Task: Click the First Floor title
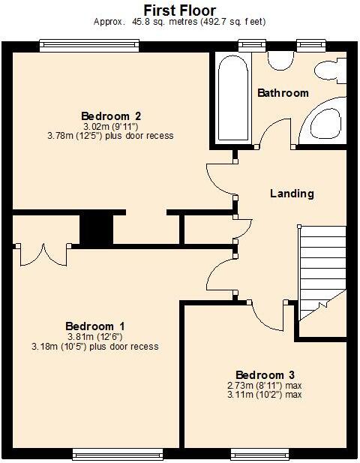click(180, 11)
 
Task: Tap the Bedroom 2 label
click(111, 116)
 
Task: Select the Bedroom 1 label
click(95, 326)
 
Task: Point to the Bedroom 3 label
click(265, 374)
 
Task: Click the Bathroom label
click(283, 93)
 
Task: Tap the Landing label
click(292, 194)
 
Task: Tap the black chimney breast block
click(95, 228)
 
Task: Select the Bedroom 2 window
click(89, 45)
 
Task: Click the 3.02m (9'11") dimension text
click(110, 126)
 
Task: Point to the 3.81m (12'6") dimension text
click(96, 336)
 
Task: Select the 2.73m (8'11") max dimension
click(265, 385)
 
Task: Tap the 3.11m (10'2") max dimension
click(265, 395)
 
